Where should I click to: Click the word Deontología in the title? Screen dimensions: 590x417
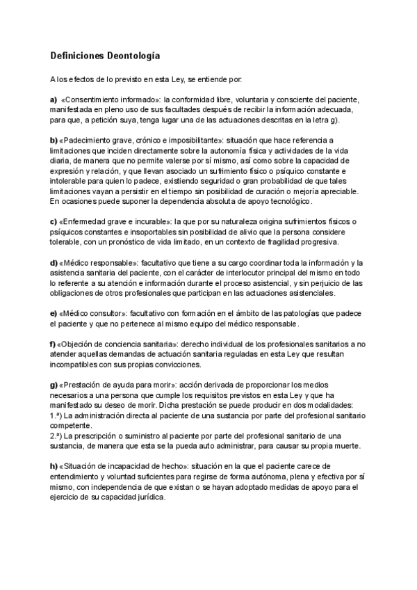(134, 55)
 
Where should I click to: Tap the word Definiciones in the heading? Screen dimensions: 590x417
(77, 55)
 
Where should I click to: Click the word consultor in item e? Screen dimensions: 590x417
(106, 313)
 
